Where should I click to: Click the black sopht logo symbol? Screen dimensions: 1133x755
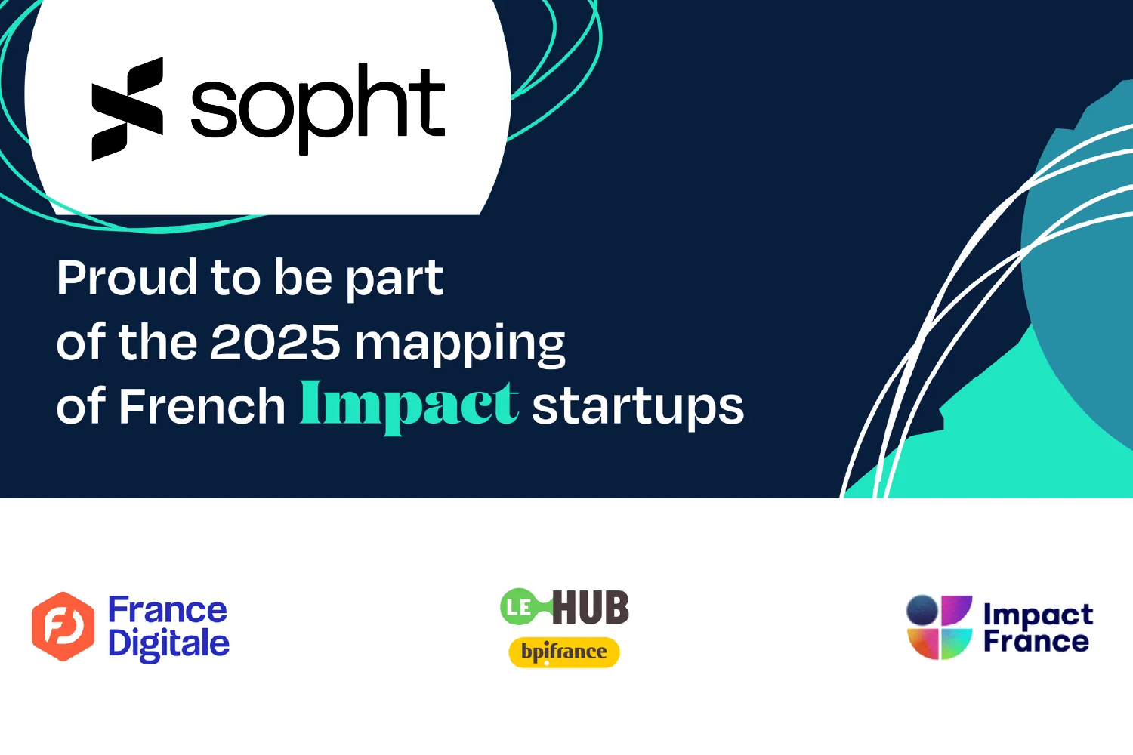128,109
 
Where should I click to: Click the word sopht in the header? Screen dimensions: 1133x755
318,108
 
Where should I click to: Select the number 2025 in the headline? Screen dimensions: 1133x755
276,342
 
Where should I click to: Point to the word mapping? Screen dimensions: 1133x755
460,346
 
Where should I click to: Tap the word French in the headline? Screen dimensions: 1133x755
202,405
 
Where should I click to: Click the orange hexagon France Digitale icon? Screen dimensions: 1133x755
63,627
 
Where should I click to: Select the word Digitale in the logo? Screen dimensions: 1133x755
169,645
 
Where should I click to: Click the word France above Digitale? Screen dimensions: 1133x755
168,610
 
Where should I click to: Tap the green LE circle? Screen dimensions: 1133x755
518,607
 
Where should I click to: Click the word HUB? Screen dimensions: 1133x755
591,607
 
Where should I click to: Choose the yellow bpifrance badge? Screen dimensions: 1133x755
564,652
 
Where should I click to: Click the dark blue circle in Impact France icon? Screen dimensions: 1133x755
922,610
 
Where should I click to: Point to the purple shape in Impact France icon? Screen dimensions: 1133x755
955,610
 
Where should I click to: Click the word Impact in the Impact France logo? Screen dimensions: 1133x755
1039,616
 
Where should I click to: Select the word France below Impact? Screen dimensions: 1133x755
1036,641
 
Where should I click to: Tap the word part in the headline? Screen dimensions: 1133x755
394,279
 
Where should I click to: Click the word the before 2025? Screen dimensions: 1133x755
157,341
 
